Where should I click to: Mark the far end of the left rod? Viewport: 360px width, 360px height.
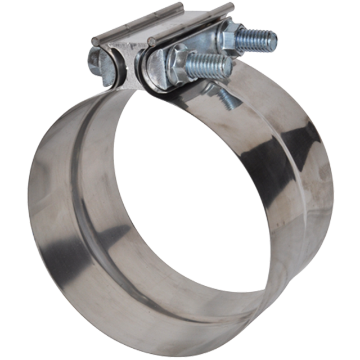click(179, 6)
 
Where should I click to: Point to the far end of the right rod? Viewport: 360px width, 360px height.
click(229, 6)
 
